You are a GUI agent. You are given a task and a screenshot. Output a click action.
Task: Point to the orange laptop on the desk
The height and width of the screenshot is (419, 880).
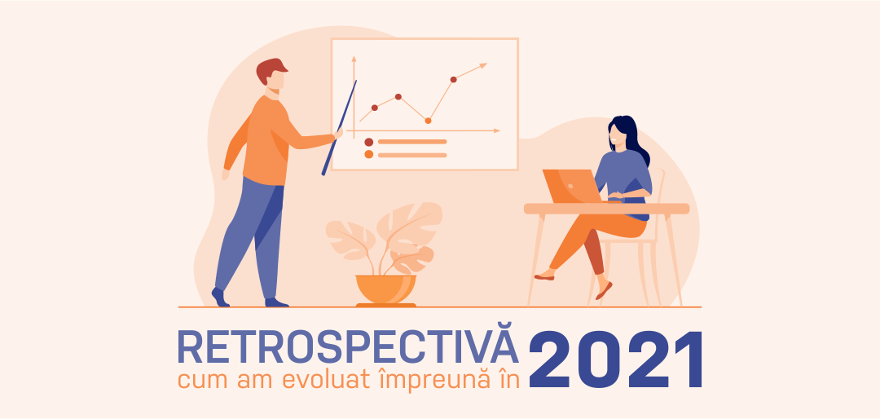click(x=570, y=186)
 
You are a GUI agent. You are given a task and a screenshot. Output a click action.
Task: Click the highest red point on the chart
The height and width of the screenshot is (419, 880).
click(x=454, y=79)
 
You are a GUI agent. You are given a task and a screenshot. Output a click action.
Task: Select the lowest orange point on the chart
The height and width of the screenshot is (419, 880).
click(x=428, y=121)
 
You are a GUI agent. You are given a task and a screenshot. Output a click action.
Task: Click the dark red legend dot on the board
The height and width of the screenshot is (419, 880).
click(x=369, y=142)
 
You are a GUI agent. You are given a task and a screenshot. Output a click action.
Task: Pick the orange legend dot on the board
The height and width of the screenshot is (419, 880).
click(x=369, y=154)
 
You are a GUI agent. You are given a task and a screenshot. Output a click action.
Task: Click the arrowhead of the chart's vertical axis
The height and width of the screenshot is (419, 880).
click(x=354, y=59)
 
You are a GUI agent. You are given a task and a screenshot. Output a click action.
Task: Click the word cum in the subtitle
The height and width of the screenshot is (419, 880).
click(x=200, y=381)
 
